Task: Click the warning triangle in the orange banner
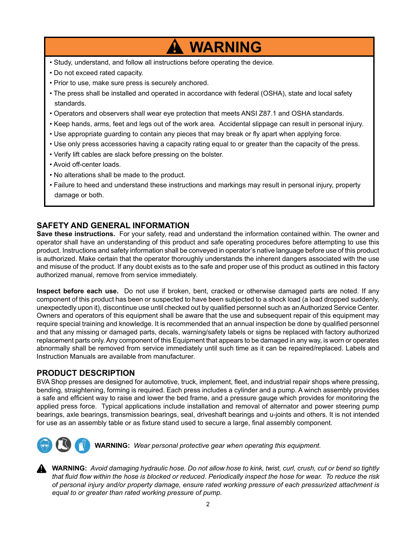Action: point(174,47)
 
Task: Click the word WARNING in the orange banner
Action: point(225,47)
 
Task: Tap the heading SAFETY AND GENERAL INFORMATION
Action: point(113,226)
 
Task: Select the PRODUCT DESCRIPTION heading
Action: point(86,373)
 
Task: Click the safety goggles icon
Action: point(44,445)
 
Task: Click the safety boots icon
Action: point(63,445)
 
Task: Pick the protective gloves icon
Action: point(82,445)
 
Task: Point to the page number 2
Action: point(208,504)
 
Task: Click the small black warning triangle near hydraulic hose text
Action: point(41,469)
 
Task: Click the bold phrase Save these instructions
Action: point(76,234)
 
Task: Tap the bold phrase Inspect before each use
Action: point(77,291)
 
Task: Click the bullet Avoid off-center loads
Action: point(87,165)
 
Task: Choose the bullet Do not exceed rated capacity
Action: point(98,73)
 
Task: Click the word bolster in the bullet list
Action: point(211,154)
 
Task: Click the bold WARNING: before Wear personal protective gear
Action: point(112,446)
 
